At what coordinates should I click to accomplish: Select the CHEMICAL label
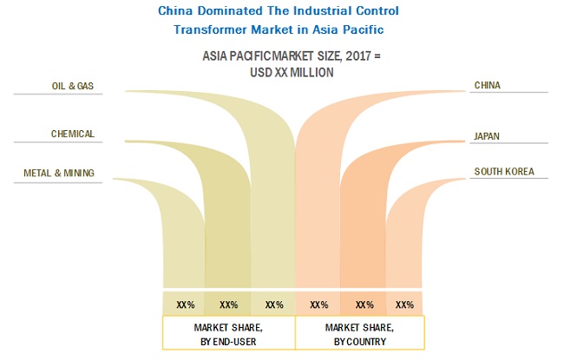click(x=72, y=134)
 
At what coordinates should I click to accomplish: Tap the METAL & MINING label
click(x=59, y=173)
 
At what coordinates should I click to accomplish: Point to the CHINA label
click(x=487, y=85)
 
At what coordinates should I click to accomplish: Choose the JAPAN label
click(x=487, y=136)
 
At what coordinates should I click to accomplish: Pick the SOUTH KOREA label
click(x=504, y=172)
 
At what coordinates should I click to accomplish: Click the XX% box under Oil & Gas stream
click(x=274, y=304)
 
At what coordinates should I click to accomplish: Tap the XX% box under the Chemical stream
click(x=229, y=304)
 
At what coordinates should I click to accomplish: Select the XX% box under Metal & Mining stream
click(x=185, y=304)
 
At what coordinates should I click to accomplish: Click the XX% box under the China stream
click(x=318, y=304)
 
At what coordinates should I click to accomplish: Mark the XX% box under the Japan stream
click(x=364, y=304)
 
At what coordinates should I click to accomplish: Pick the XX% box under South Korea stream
click(x=404, y=304)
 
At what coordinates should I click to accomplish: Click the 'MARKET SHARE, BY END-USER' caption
click(x=229, y=333)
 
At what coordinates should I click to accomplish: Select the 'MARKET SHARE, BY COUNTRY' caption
click(x=359, y=333)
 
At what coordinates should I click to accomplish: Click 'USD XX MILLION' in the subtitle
click(x=280, y=73)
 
